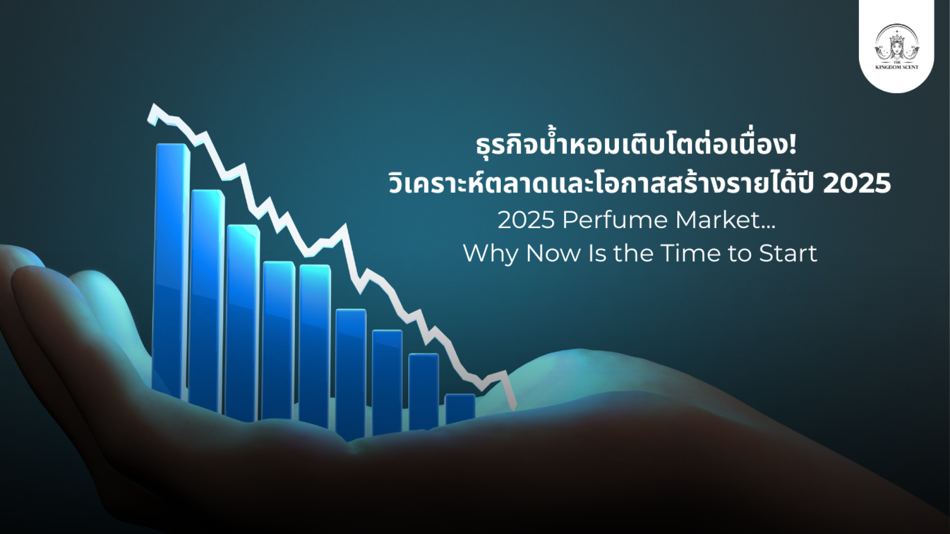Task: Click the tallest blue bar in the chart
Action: coord(171,270)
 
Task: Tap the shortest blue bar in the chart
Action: coord(460,409)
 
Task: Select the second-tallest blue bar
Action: coord(207,299)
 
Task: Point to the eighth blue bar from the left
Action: coord(424,391)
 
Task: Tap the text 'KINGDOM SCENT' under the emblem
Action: coord(896,67)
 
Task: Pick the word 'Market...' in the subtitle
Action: coord(725,220)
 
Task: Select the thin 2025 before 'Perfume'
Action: coord(526,220)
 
